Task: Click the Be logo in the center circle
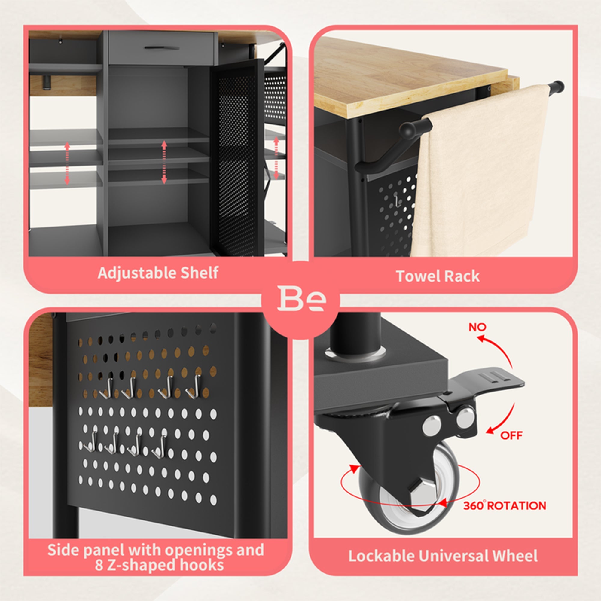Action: point(301,298)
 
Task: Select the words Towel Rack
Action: point(438,276)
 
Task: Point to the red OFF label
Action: point(511,435)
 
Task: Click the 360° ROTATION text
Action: point(505,505)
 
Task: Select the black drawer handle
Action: point(162,48)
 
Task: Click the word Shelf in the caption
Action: point(200,273)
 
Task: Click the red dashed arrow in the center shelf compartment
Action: point(164,162)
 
